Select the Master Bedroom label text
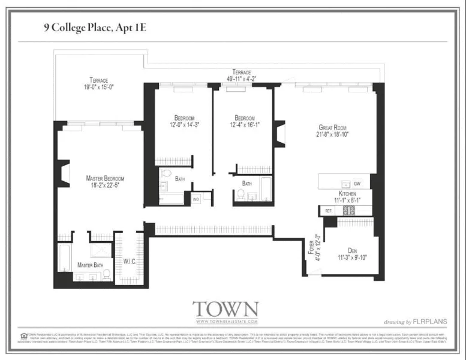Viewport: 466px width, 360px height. (105, 178)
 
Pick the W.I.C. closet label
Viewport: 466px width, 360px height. (130, 261)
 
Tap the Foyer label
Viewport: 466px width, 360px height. (311, 247)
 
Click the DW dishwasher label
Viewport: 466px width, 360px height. (357, 184)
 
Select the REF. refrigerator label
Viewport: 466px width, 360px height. (329, 211)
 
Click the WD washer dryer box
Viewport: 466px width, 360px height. (196, 199)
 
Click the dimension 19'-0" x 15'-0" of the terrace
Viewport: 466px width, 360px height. (103, 88)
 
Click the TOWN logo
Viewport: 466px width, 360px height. (225, 310)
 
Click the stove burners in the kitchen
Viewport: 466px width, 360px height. (348, 210)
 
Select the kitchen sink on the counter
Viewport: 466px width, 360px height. (344, 184)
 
